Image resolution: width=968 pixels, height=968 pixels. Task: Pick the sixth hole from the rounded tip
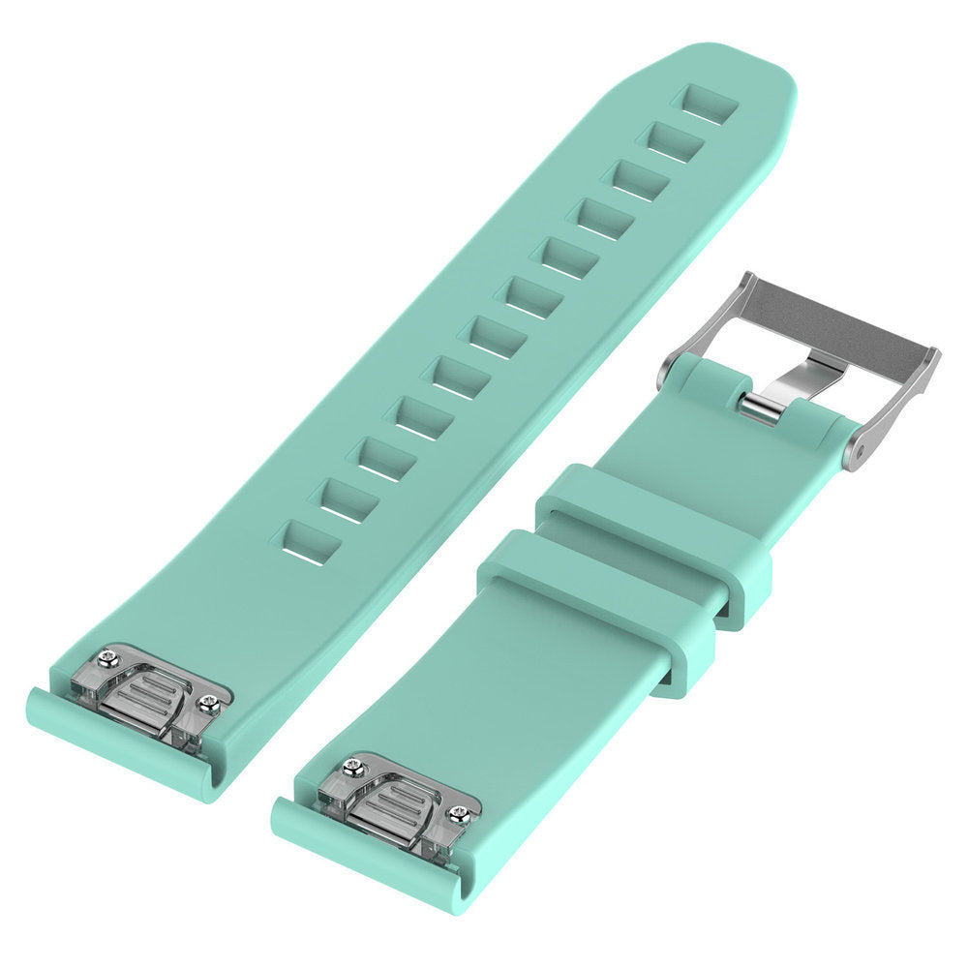[533, 295]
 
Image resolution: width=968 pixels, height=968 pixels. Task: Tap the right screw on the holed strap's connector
[207, 705]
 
